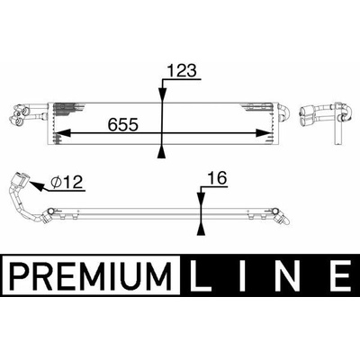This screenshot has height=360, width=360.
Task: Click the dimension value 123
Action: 182,70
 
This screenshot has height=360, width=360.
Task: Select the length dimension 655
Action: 123,124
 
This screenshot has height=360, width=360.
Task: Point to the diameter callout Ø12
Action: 67,182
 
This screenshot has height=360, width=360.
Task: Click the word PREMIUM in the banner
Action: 91,275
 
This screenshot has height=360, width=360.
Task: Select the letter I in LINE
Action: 241,275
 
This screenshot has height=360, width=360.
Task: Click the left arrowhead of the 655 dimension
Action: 61,133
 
